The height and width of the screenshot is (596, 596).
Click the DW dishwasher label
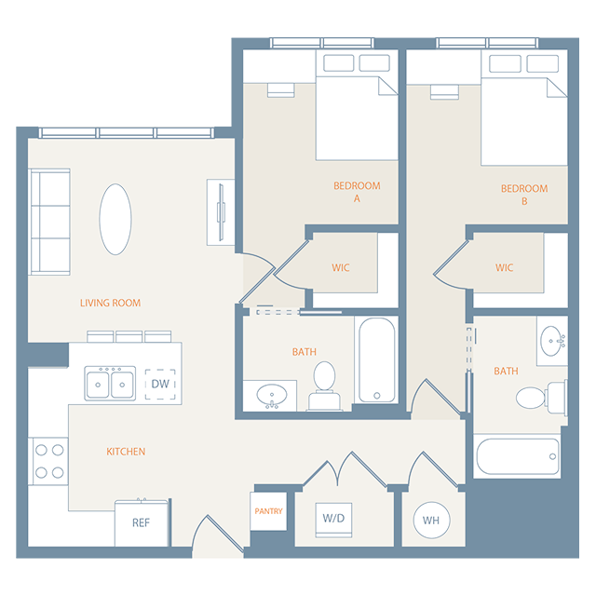tap(159, 383)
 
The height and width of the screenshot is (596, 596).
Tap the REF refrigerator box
tap(141, 522)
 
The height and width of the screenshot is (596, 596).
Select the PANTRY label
tap(268, 511)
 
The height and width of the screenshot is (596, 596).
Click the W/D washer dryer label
tap(332, 518)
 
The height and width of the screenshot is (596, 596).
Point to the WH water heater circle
tap(432, 520)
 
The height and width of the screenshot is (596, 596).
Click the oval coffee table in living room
tap(115, 219)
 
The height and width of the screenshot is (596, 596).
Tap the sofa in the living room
tap(49, 222)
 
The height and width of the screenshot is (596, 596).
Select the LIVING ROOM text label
tap(110, 303)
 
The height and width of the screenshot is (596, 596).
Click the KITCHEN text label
tap(126, 452)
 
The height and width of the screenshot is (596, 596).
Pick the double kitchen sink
tap(110, 383)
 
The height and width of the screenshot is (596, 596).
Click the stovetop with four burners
tap(48, 461)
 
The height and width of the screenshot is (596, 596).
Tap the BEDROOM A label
tap(357, 192)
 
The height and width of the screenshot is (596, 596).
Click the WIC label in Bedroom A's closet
tap(341, 268)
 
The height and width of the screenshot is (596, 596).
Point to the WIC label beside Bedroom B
tap(504, 268)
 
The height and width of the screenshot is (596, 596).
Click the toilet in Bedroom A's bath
tap(324, 384)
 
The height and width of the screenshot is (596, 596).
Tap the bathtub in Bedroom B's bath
tap(517, 456)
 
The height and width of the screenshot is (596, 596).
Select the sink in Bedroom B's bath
tap(551, 339)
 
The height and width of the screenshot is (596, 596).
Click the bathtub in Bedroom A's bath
tap(377, 359)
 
